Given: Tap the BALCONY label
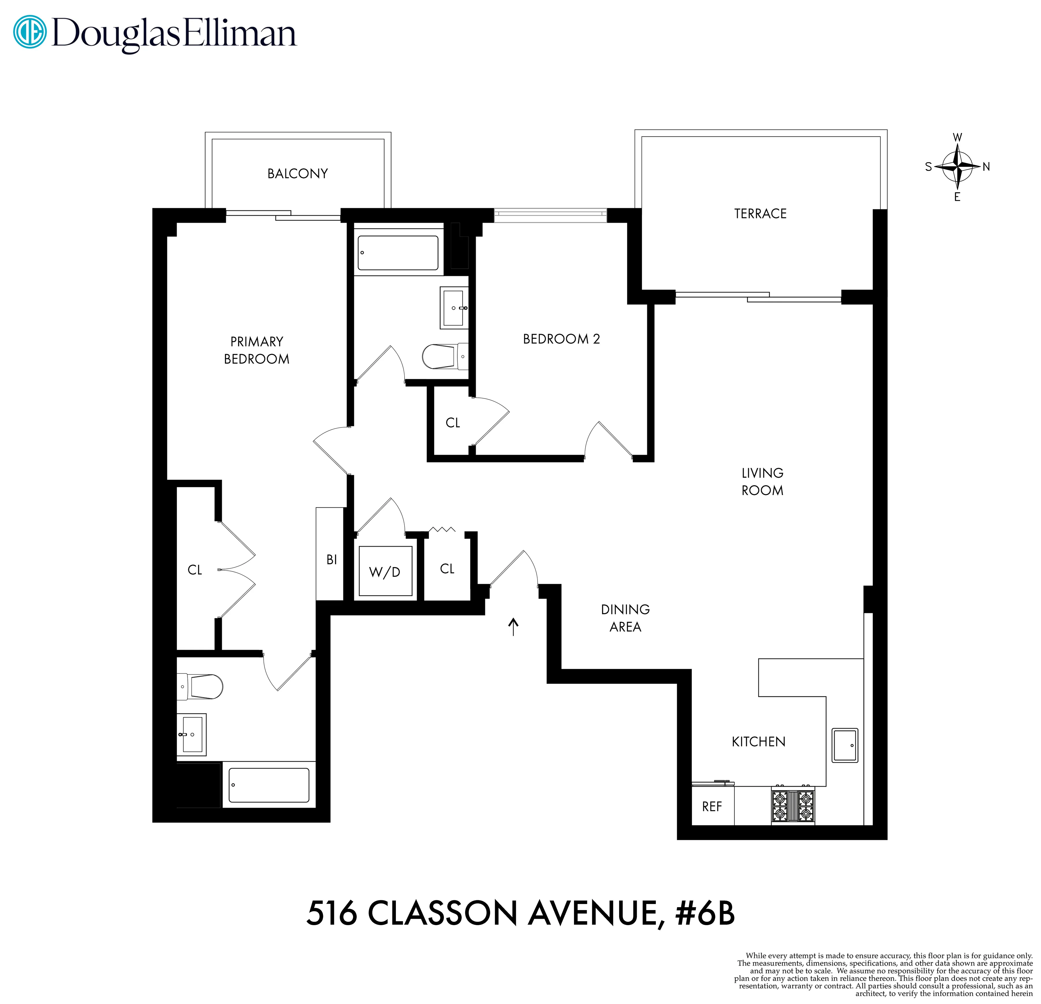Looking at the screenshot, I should pyautogui.click(x=298, y=174).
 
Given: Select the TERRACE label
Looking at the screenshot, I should pyautogui.click(x=760, y=214).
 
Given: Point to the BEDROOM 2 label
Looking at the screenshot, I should pyautogui.click(x=561, y=339).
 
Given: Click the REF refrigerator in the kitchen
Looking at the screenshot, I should pyautogui.click(x=712, y=807).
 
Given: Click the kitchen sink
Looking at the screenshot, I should pyautogui.click(x=844, y=745).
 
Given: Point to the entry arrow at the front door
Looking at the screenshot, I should pyautogui.click(x=513, y=627).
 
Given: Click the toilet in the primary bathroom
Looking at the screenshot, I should pyautogui.click(x=202, y=686).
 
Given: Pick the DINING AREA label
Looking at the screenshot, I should pyautogui.click(x=625, y=618).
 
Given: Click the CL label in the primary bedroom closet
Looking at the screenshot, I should pyautogui.click(x=195, y=570).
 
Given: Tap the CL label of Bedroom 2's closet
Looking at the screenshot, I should pyautogui.click(x=453, y=423).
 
